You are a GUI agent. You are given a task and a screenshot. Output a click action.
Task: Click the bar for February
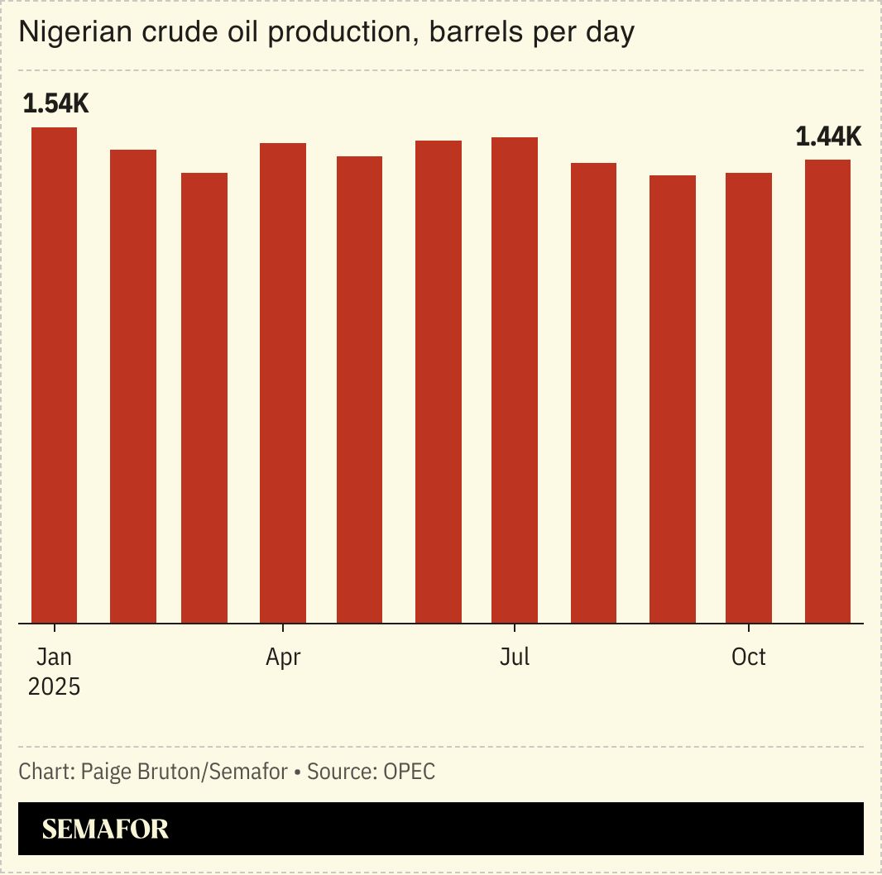(x=133, y=386)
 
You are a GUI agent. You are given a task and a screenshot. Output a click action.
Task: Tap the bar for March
(x=204, y=398)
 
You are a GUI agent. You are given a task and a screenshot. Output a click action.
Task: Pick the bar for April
(x=283, y=383)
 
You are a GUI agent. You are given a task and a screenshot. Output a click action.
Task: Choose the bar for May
(x=359, y=390)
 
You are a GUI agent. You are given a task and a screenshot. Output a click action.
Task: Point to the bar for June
(x=439, y=381)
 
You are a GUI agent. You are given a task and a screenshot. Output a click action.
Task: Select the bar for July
(x=515, y=380)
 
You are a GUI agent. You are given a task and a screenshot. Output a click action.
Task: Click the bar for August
(x=593, y=393)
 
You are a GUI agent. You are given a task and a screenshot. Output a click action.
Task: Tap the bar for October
(x=749, y=398)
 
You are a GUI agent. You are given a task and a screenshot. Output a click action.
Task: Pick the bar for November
(x=827, y=391)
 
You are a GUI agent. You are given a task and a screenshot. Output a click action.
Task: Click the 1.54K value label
(x=55, y=104)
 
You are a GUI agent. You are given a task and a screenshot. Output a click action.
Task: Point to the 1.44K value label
(x=828, y=136)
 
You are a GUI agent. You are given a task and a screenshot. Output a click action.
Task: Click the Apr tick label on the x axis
(x=283, y=657)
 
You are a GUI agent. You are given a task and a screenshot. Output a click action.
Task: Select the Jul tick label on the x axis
(x=515, y=657)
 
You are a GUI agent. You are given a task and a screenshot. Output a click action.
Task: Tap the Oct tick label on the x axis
(x=749, y=657)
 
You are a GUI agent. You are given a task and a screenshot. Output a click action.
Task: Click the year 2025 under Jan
(x=54, y=686)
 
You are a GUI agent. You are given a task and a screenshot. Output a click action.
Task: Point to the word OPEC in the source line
(x=409, y=772)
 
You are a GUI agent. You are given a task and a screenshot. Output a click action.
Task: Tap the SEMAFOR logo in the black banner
(x=105, y=829)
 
